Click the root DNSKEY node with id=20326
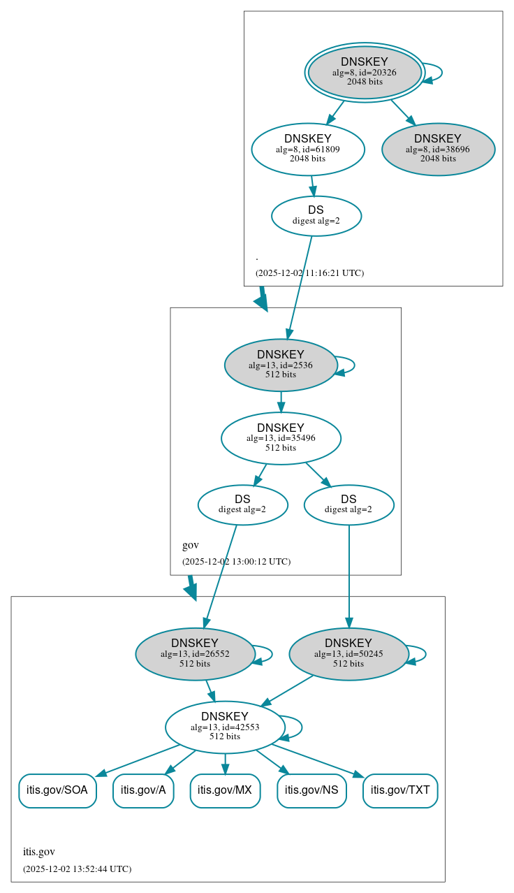pos(365,72)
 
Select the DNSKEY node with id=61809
pos(308,149)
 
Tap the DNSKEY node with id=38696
pos(438,149)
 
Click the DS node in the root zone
pos(316,216)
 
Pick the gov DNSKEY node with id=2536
pos(281,365)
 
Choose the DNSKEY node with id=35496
pos(281,438)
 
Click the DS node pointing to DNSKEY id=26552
pos(242,504)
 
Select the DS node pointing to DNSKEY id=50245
pos(348,504)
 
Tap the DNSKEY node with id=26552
pos(195,654)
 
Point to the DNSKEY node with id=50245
pos(348,654)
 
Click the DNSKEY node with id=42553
pos(225,727)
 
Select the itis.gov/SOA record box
pos(57,790)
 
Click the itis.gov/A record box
pos(143,790)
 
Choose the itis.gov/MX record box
pos(225,790)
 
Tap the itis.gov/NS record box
pos(312,790)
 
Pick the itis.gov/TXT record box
pos(400,790)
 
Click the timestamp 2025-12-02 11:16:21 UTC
pos(309,273)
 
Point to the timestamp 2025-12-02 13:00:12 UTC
pos(236,562)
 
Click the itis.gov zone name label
pos(39,852)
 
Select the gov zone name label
pos(191,545)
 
